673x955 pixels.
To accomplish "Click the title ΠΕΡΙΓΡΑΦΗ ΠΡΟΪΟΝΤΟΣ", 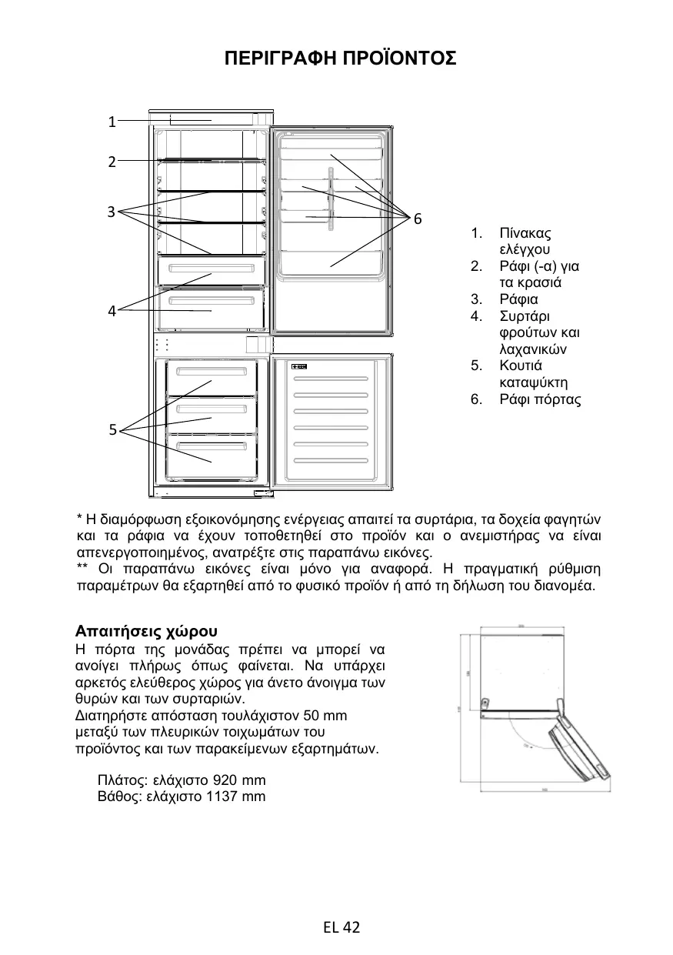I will [x=339, y=59].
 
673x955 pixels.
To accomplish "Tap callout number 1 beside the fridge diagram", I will [x=112, y=122].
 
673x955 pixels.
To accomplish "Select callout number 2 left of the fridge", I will [x=112, y=162].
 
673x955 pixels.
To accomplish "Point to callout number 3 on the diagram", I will [x=112, y=211].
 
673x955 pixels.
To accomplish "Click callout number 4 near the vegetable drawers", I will [x=112, y=311].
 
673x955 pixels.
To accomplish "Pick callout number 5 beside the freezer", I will [x=112, y=430].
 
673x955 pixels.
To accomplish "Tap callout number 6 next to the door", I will [x=418, y=219].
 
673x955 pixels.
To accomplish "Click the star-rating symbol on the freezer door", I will [x=299, y=366].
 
